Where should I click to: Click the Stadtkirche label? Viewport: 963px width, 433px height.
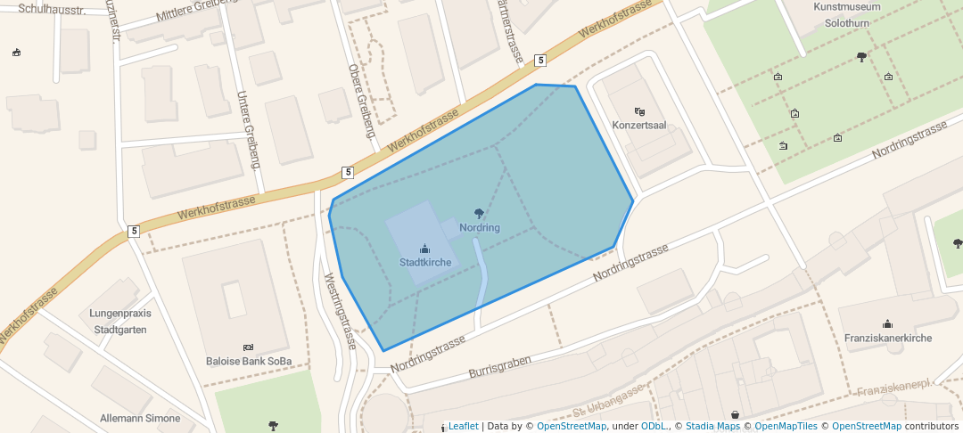click(425, 263)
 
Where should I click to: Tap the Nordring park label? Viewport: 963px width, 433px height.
click(480, 228)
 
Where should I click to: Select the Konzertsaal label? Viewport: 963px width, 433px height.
click(639, 126)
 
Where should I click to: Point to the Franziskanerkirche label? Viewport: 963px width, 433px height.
click(887, 339)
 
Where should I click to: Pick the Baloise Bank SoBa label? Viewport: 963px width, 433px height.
click(248, 361)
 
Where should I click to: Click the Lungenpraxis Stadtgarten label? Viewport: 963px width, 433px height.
click(120, 322)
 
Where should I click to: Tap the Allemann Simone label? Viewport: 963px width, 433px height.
click(140, 419)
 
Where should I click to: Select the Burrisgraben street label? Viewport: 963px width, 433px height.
click(499, 365)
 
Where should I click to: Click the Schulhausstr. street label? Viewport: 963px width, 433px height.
click(52, 9)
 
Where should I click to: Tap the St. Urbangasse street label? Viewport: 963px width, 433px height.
click(609, 401)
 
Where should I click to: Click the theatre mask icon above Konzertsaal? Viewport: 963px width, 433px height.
click(639, 111)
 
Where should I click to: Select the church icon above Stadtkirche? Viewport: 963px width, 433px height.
click(425, 249)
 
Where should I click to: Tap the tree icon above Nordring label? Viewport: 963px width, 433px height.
click(480, 214)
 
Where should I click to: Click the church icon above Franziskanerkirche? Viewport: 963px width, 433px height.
click(887, 324)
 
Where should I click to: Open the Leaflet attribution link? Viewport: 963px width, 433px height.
click(463, 426)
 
